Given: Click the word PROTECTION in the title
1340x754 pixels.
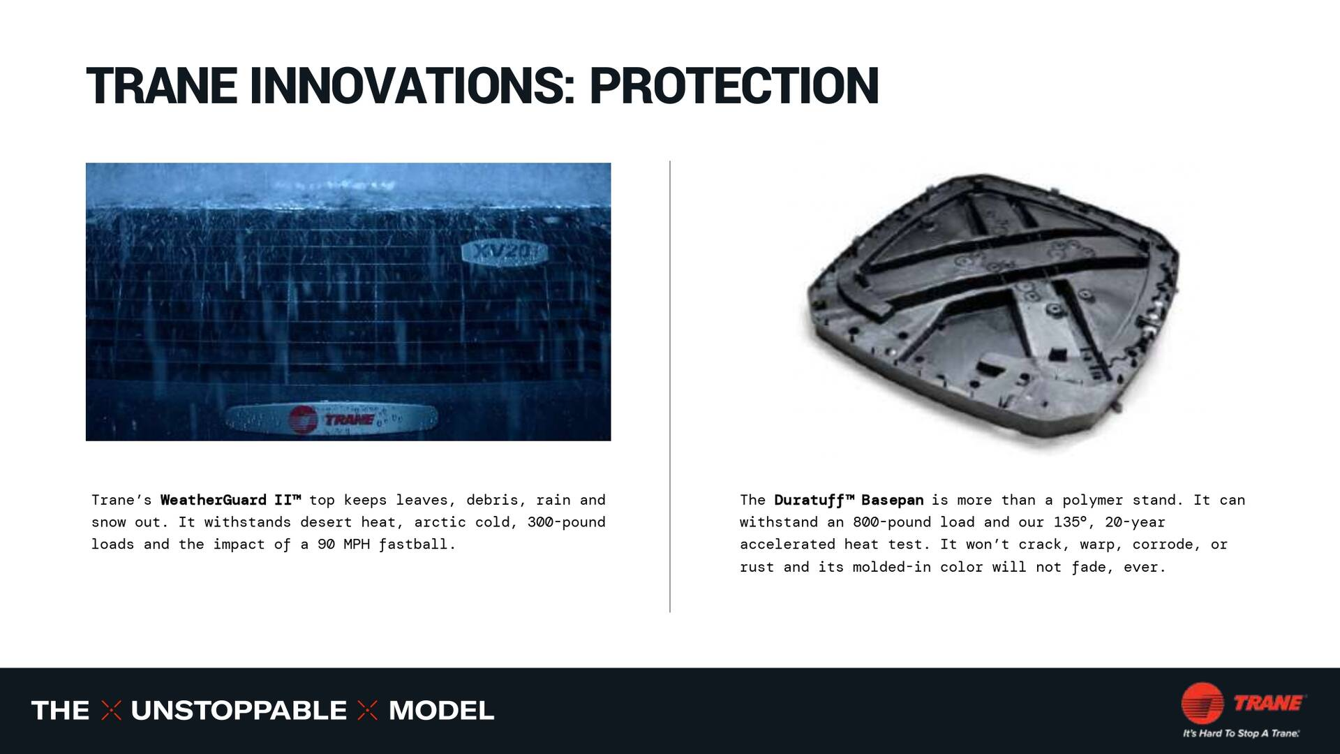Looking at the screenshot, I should [734, 87].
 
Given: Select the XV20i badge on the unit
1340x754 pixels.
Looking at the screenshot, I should [504, 253].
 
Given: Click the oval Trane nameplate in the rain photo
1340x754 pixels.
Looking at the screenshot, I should [332, 419].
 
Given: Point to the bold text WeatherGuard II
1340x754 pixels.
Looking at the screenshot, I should [230, 500].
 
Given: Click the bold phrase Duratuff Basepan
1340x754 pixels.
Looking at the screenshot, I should [849, 500].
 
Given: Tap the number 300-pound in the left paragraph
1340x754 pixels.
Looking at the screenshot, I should [566, 522].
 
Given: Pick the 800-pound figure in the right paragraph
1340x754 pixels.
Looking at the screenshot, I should [892, 522].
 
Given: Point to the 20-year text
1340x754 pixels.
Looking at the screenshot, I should [1135, 522].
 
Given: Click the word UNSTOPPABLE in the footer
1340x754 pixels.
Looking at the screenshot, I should [239, 711].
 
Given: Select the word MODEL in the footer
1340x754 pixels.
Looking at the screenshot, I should [441, 711].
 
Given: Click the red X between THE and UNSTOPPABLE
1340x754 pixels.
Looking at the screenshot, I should [111, 711].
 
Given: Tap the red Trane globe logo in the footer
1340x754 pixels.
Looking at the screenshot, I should [1202, 702].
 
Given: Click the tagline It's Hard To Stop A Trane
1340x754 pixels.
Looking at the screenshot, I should [1241, 734].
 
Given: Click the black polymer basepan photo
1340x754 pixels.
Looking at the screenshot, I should [991, 307].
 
